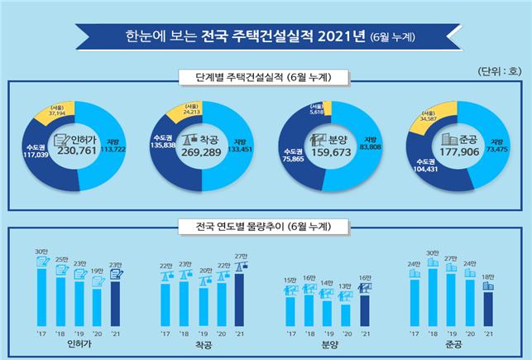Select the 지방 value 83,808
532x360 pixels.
pyautogui.click(x=370, y=148)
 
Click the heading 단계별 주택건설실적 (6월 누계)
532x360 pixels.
pyautogui.click(x=265, y=78)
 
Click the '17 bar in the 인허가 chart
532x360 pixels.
pyautogui.click(x=41, y=295)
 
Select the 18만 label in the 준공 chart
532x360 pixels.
pyautogui.click(x=488, y=276)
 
